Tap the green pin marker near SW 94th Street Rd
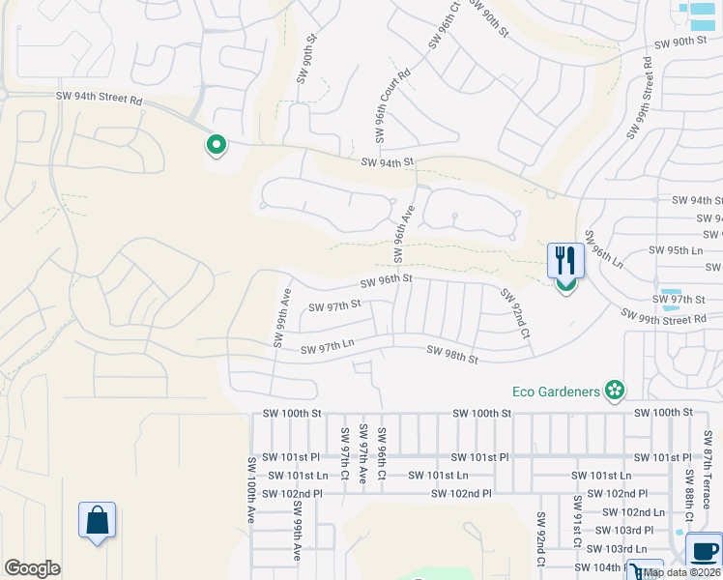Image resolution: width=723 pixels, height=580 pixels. (217, 146)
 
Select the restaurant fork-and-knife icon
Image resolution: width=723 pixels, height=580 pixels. (565, 260)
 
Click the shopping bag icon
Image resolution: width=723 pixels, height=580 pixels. (98, 521)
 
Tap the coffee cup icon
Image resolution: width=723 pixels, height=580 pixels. (704, 550)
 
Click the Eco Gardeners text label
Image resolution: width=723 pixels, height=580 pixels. (557, 391)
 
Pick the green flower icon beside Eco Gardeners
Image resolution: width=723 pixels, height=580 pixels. (614, 391)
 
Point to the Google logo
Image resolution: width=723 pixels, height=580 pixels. (32, 568)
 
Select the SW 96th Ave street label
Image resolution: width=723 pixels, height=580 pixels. (403, 233)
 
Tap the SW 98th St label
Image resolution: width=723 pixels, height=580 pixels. (452, 355)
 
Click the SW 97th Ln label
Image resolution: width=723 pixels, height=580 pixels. (328, 347)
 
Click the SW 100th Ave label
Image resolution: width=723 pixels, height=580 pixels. (250, 490)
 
